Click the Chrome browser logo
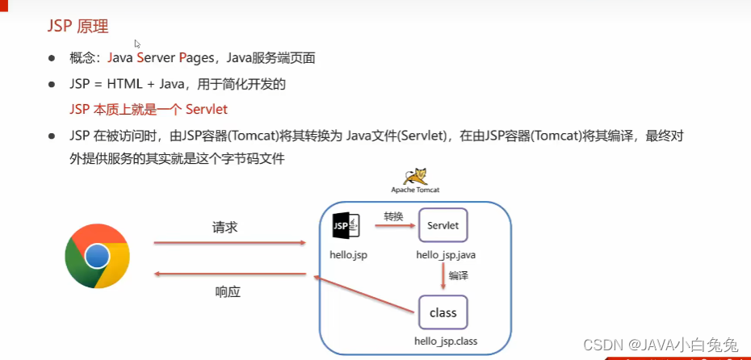pos(98,256)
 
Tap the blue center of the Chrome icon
pos(98,256)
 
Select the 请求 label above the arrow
pos(224,228)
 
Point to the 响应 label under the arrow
pos(228,291)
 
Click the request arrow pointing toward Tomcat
pos(229,242)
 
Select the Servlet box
pos(443,226)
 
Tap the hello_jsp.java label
pos(446,254)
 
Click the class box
pos(443,313)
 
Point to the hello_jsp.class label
pos(446,341)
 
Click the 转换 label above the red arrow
pos(394,216)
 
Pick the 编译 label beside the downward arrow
pos(459,275)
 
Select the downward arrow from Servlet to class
pos(443,276)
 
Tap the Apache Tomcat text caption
pos(415,190)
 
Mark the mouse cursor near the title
pos(138,45)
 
